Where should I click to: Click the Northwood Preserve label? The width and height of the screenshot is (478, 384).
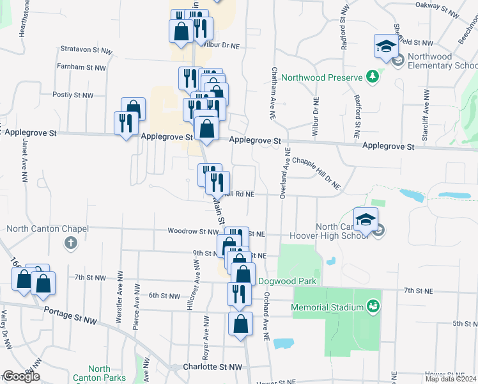coord(322,77)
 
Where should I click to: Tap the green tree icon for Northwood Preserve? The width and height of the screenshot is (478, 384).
coord(372,77)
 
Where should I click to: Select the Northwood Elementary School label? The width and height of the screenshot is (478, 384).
coord(442,61)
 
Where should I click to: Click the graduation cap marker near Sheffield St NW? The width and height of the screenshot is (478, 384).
coord(386,46)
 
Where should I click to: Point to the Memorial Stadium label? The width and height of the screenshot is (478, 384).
coord(327,307)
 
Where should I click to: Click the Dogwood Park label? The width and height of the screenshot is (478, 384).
coord(288,281)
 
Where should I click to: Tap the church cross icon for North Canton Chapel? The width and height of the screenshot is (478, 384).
coord(71,243)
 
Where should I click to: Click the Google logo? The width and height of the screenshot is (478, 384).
coord(21,376)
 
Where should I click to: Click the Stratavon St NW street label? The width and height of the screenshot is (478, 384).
coord(87,49)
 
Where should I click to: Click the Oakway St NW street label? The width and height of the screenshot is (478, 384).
coord(438,9)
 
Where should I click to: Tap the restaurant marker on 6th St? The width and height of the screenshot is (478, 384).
coord(236,294)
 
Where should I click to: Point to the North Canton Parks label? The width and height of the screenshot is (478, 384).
coord(99,373)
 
